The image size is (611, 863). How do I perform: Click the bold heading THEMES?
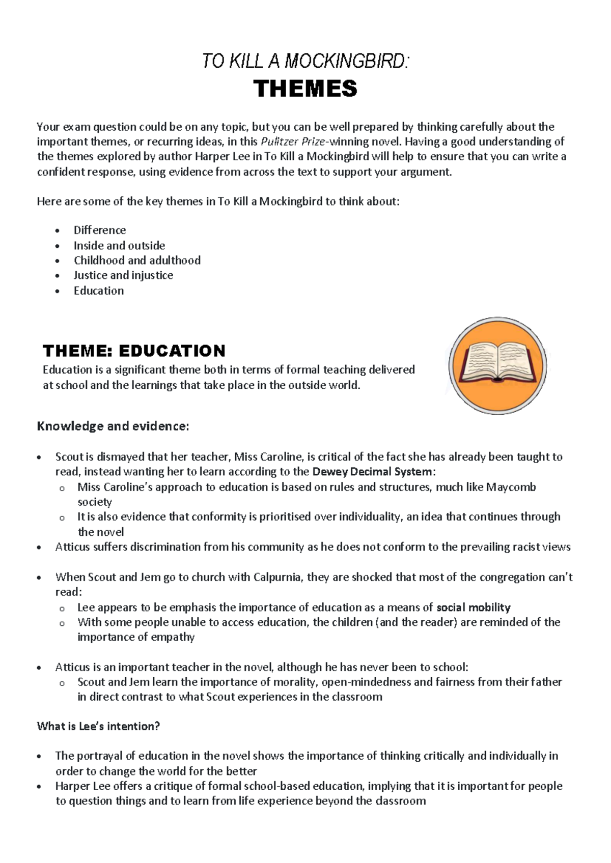coord(305,89)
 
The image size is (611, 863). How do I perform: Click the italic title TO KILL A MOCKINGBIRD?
coord(305,62)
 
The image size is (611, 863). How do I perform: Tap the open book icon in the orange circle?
coord(497,365)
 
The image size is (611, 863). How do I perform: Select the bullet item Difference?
coord(99,230)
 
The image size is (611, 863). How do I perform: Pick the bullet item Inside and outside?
coord(119,245)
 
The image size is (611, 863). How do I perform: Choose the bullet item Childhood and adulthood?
coord(137,261)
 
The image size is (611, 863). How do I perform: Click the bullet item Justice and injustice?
coord(123,275)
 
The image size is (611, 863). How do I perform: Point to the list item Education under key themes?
coord(99,291)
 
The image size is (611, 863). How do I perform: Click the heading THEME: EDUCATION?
coord(134,351)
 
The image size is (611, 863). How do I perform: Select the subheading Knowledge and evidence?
coord(113,426)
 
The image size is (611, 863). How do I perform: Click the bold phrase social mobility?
coord(474,607)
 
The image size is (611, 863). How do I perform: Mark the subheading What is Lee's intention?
coord(98,726)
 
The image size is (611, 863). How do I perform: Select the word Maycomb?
coord(511,487)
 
